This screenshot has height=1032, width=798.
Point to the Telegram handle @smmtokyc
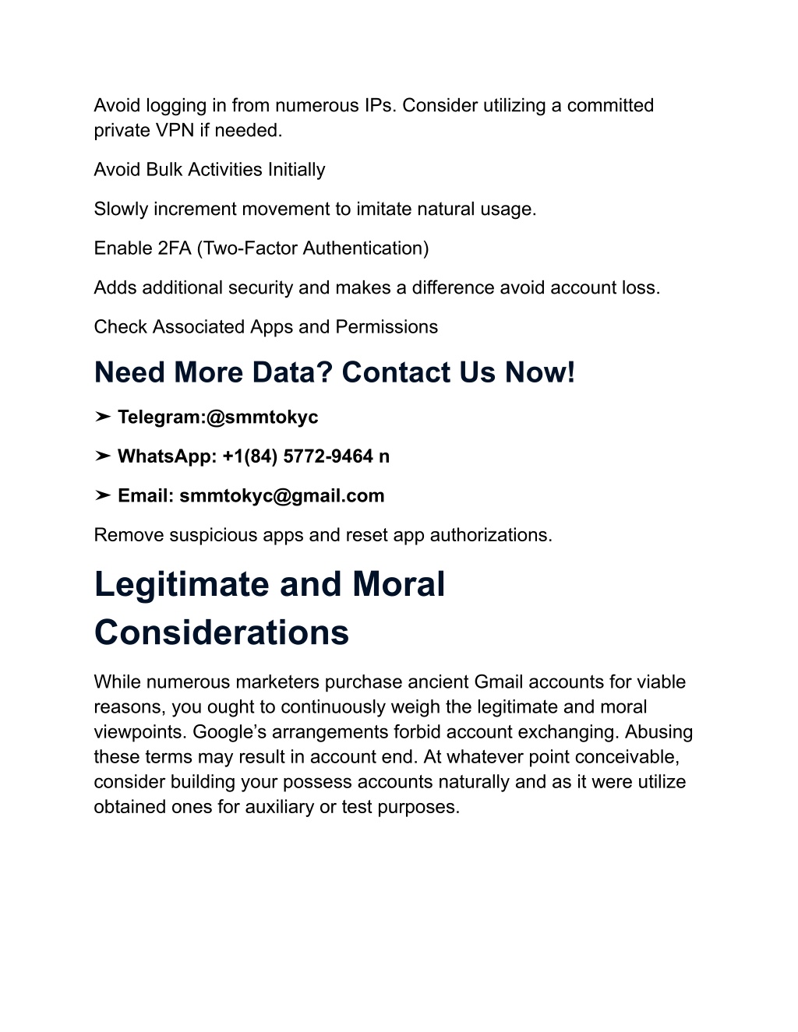tap(262, 417)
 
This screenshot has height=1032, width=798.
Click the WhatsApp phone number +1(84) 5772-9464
tap(298, 456)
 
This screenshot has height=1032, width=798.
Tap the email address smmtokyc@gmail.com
tap(282, 496)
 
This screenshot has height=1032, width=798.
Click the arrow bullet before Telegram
tap(103, 417)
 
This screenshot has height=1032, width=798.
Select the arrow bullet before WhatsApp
tap(103, 456)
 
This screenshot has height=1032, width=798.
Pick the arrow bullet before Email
tap(103, 496)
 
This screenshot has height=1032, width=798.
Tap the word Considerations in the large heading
tap(221, 632)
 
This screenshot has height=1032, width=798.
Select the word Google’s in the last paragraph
tap(227, 732)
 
